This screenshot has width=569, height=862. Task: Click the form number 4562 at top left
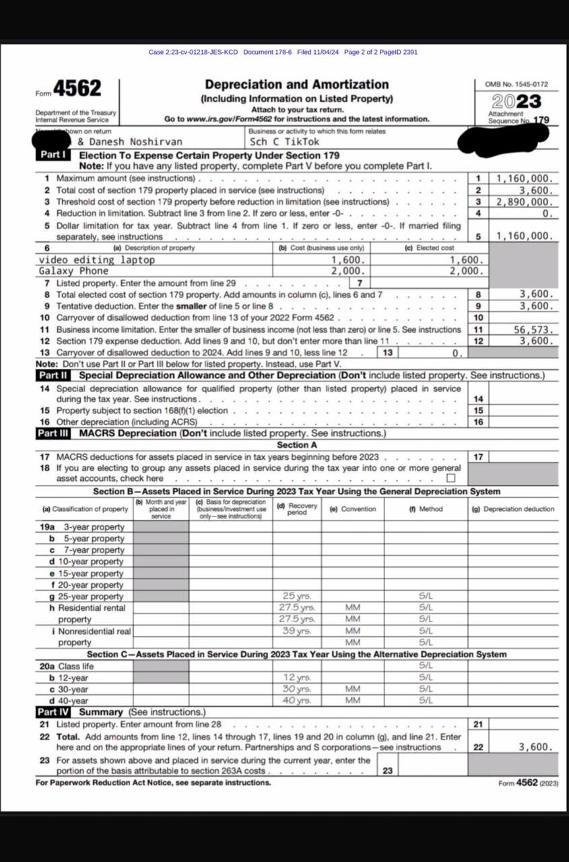pyautogui.click(x=77, y=89)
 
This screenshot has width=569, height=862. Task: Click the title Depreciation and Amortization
pyautogui.click(x=296, y=85)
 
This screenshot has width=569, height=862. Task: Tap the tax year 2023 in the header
pyautogui.click(x=516, y=102)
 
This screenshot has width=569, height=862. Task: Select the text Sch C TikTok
pyautogui.click(x=284, y=142)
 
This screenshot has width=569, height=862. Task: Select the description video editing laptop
pyautogui.click(x=97, y=260)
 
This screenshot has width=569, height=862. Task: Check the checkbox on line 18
pyautogui.click(x=450, y=478)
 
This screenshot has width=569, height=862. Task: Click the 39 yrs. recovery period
pyautogui.click(x=297, y=631)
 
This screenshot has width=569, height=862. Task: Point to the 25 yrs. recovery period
pyautogui.click(x=297, y=596)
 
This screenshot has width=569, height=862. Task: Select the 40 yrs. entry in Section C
pyautogui.click(x=297, y=700)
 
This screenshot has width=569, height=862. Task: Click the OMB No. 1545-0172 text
pyautogui.click(x=516, y=84)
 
